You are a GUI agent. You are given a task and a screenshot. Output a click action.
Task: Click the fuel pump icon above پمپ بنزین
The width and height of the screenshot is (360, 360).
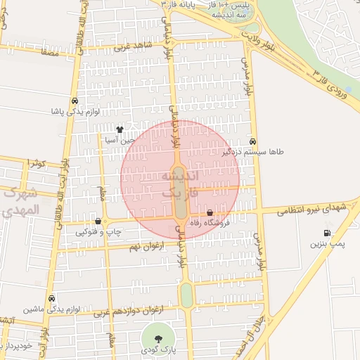[x=327, y=233]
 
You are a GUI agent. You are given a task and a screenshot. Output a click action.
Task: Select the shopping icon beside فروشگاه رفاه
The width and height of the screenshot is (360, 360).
[x=210, y=213]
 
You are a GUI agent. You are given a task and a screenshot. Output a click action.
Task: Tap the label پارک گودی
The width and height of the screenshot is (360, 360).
[x=157, y=349]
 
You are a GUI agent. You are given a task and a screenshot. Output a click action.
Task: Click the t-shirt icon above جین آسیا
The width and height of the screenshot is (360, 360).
[x=120, y=130]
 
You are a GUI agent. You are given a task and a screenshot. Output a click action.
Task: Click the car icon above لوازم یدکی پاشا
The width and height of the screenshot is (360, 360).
[x=75, y=101]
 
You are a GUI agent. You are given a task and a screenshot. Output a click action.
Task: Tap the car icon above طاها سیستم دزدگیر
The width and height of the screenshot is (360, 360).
[x=253, y=141]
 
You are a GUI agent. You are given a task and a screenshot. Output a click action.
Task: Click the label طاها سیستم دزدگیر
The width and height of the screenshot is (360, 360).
[x=253, y=151]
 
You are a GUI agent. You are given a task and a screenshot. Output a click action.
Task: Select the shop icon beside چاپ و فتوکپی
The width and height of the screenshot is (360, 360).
[x=98, y=221]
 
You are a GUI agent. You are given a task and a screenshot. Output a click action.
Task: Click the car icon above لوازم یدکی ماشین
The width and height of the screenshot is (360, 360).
[x=52, y=298]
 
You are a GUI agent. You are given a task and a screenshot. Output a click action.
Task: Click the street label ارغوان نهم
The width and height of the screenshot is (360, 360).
[x=146, y=247]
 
